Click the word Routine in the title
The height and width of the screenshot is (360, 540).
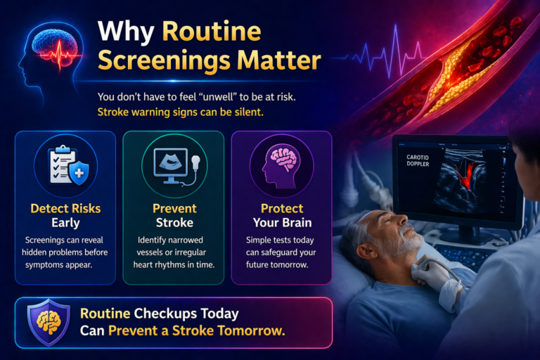point(212,31)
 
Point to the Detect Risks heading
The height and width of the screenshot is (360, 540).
point(64,208)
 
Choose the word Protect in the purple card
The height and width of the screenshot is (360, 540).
point(281,208)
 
